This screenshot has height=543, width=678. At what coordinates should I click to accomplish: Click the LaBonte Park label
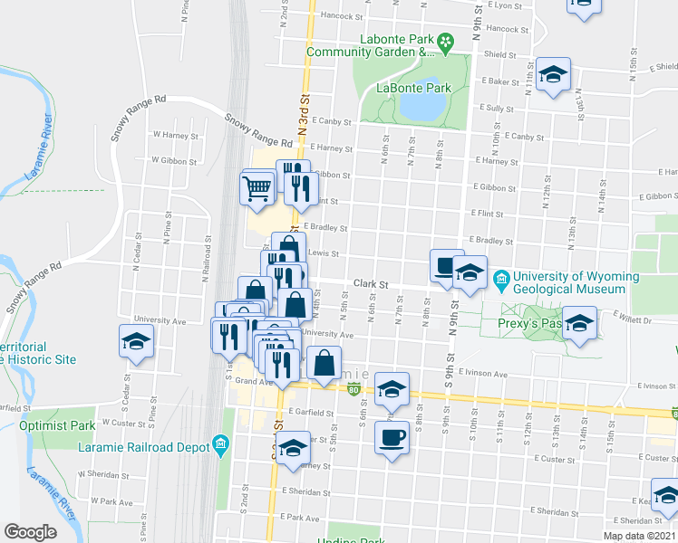pos(414,89)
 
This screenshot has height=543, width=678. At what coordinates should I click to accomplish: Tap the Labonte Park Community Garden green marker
pos(445,41)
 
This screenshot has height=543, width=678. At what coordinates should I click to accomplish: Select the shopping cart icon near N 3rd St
pos(257,187)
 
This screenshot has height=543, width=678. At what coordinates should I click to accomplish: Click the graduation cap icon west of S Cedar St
pos(136,341)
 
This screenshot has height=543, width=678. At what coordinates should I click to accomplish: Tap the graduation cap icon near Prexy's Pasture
pos(579,324)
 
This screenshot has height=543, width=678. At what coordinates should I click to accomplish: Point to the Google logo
pos(30,532)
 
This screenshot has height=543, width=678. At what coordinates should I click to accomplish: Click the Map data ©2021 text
pos(639,536)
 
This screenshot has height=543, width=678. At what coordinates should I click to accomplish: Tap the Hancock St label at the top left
pos(335,14)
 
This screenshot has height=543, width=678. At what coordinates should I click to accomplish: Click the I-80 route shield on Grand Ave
pos(352,388)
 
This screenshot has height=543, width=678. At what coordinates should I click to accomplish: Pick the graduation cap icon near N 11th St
pos(552,74)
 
